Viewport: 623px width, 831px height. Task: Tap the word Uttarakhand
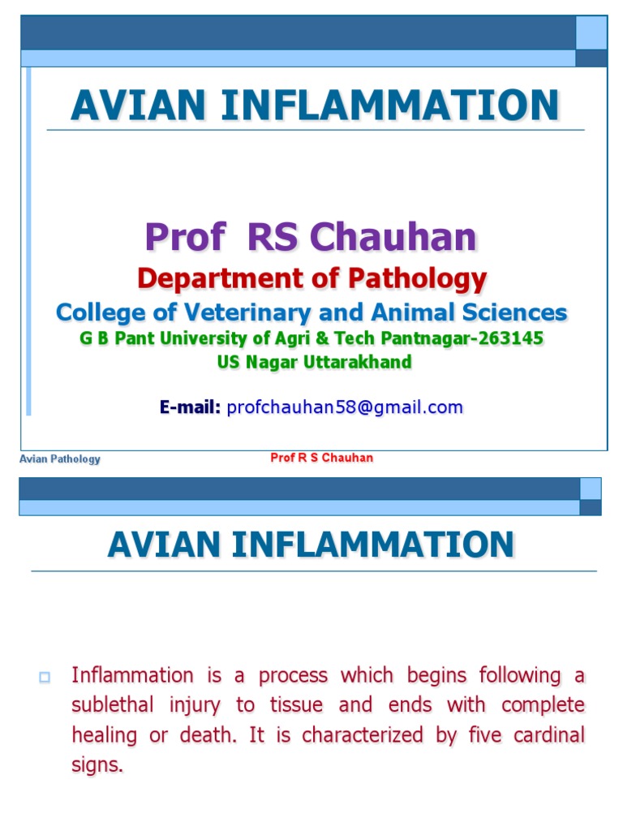coord(358,362)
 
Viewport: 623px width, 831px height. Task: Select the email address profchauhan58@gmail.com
coord(345,407)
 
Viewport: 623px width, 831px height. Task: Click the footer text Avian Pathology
coord(60,459)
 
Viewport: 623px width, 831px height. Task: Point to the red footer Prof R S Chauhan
coord(321,458)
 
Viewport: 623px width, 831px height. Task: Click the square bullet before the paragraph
coord(45,678)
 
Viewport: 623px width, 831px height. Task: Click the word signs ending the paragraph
coord(97,765)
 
